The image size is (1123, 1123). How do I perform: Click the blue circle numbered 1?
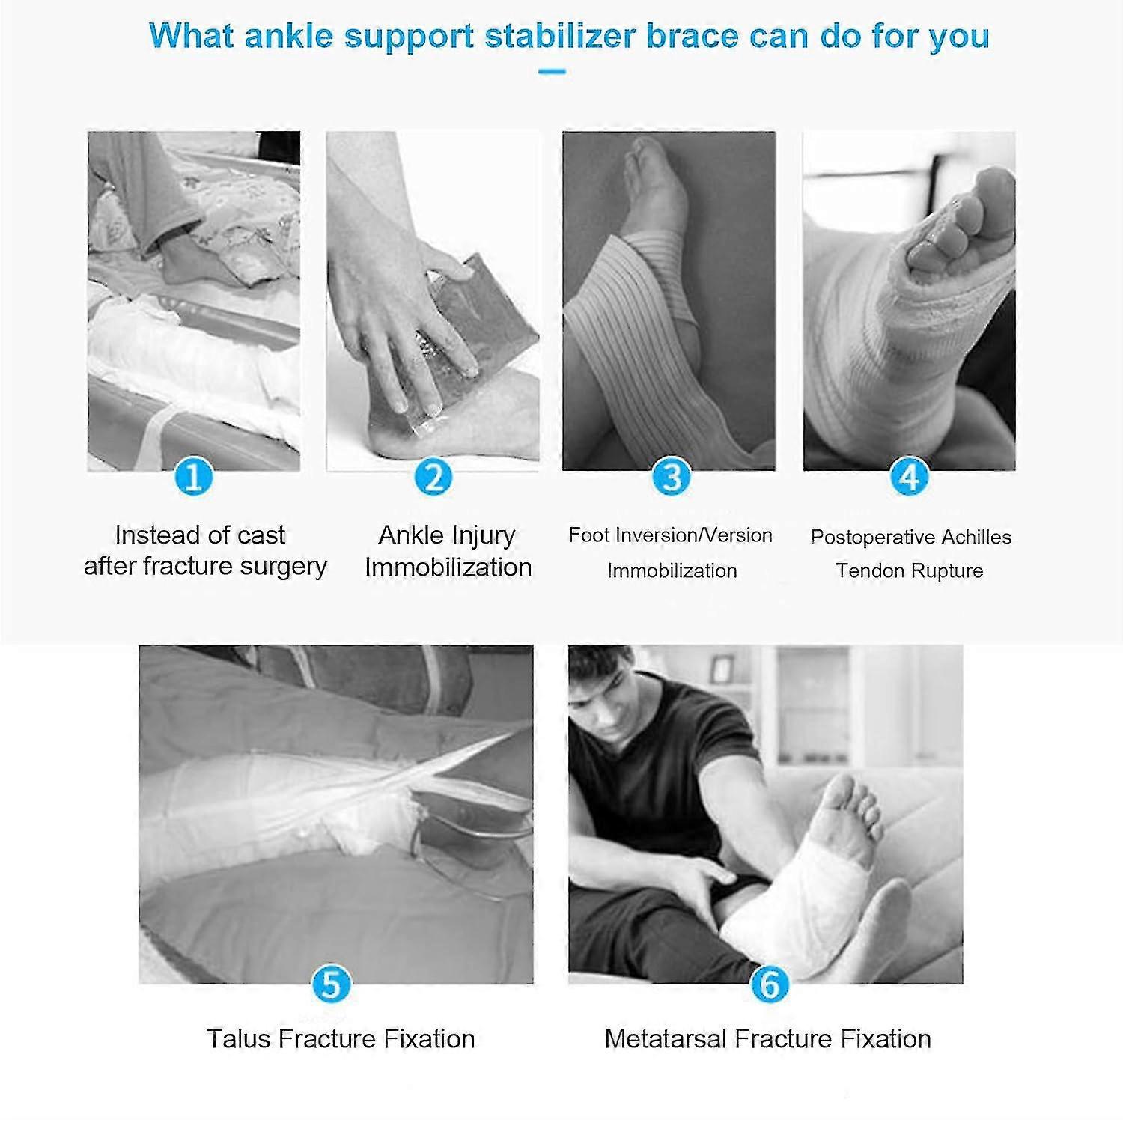tap(194, 477)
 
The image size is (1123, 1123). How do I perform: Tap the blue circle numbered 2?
tap(433, 477)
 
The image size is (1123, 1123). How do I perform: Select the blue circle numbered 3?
tap(672, 477)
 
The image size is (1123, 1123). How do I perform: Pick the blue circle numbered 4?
tap(909, 477)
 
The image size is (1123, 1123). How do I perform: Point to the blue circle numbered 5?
tap(331, 984)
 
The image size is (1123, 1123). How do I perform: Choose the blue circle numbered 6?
tap(769, 984)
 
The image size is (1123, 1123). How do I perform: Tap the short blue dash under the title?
tap(552, 72)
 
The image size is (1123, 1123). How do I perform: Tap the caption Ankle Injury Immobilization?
tap(448, 551)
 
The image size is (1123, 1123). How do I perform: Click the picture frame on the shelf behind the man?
tap(721, 669)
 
